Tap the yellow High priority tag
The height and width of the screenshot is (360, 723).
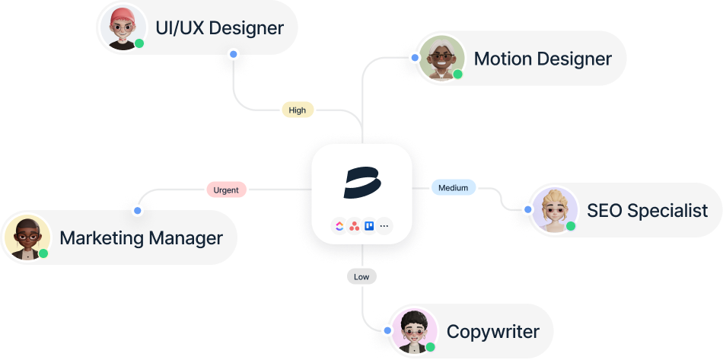coord(298,110)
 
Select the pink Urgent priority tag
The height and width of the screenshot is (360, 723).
coord(226,190)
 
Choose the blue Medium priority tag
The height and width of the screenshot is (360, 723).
coord(454,186)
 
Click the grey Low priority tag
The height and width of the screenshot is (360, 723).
coord(361,277)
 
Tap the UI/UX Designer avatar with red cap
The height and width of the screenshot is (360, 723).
coord(121,29)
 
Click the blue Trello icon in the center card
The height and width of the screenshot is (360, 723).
coord(369,226)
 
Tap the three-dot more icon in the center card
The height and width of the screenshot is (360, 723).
coord(384,226)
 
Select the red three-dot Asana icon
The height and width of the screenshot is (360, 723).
coord(354,226)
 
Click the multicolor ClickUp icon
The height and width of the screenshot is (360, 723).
coord(339,226)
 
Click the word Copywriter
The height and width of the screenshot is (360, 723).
coord(492,332)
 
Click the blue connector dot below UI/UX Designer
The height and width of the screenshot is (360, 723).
coord(233,55)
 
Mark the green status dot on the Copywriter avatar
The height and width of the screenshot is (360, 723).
coord(430,347)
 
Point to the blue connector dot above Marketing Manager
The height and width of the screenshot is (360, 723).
coord(137,209)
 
